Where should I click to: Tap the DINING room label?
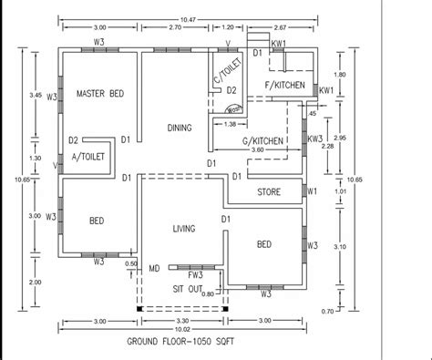point(179,129)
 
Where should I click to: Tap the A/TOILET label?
point(89,156)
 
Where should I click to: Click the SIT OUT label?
point(188,287)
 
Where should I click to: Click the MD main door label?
point(154,268)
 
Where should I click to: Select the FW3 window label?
point(195,273)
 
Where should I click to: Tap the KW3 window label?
point(315,138)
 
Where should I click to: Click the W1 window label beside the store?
point(313,191)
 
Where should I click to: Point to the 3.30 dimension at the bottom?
point(181,320)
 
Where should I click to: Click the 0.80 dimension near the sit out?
point(208,293)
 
